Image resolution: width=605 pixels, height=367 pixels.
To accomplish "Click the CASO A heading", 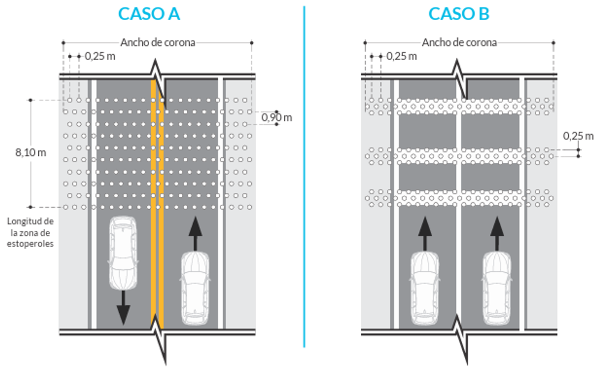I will tap(149, 14).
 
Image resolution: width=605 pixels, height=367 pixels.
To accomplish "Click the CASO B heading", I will tap(459, 14).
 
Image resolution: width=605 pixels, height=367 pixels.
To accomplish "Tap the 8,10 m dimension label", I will tap(30, 152).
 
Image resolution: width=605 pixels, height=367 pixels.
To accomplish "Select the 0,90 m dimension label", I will tap(276, 118).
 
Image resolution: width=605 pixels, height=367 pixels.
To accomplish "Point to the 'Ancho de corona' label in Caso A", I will tap(158, 42).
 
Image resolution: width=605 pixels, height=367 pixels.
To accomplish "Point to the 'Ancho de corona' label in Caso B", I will tap(459, 42).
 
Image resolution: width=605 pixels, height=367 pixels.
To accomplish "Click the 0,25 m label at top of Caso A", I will tap(100, 56).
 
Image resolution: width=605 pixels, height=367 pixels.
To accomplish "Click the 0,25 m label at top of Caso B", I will tap(401, 56).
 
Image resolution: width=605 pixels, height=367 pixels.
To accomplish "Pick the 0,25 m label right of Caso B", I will tap(578, 136).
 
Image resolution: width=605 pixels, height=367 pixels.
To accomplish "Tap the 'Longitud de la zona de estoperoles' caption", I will tap(30, 232).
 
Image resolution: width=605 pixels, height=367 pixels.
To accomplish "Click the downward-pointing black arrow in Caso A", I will tap(123, 307).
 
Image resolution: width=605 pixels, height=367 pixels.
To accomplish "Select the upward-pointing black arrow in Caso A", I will tap(195, 233).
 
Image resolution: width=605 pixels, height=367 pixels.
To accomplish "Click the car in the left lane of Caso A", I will tap(123, 252).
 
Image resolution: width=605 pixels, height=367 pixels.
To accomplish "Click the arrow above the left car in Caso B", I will tap(424, 233).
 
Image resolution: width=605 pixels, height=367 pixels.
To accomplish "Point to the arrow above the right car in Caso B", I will tap(497, 233).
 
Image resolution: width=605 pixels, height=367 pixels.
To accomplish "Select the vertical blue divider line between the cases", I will tap(304, 177).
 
